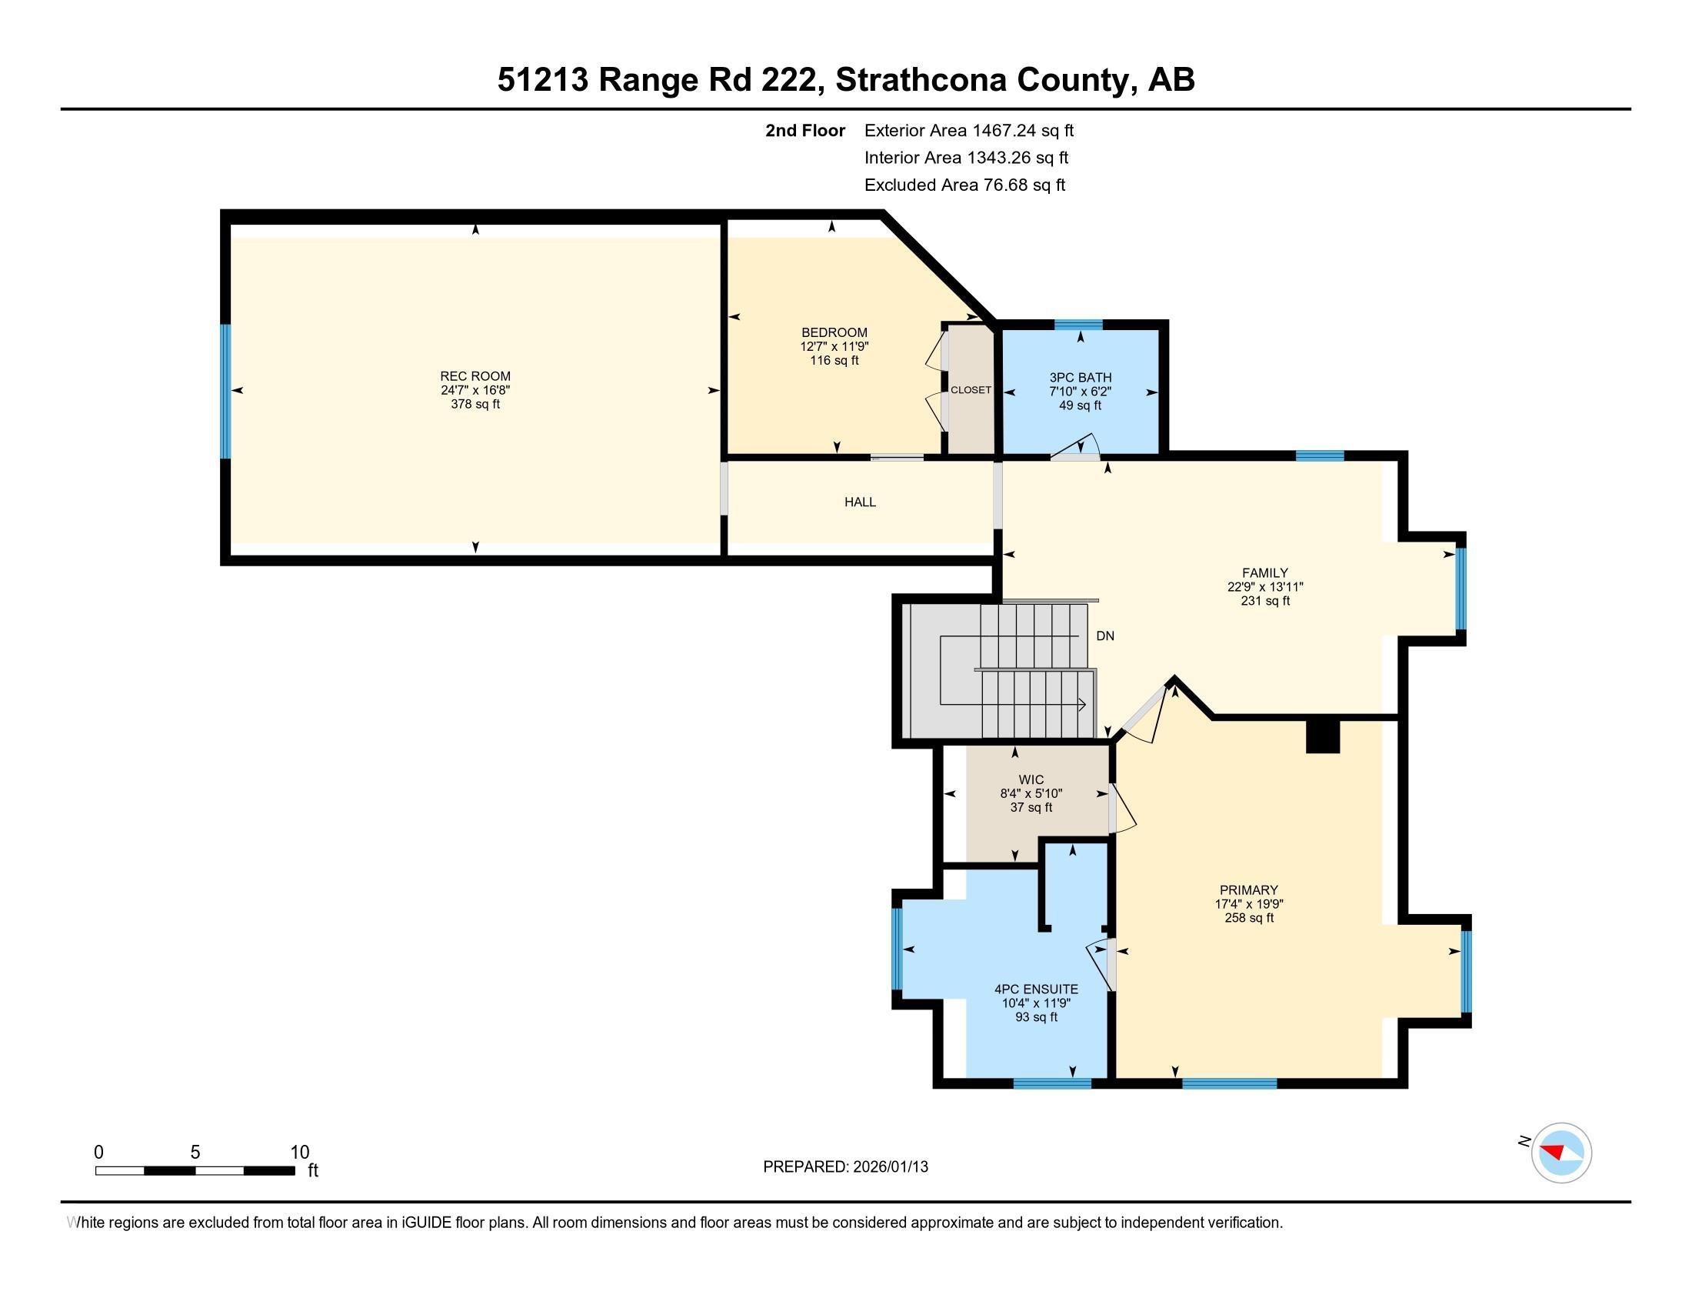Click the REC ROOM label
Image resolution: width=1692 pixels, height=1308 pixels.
[475, 376]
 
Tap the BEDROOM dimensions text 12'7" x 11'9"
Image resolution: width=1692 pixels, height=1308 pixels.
[834, 346]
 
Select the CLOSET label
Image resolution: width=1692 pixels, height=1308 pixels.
[971, 390]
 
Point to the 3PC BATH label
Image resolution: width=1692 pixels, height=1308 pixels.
[1080, 377]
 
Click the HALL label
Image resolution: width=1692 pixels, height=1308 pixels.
[860, 502]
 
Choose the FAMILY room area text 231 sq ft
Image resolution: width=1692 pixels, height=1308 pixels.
[1264, 601]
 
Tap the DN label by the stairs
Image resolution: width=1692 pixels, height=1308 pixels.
[1104, 636]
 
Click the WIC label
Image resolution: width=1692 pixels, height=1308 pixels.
[1031, 779]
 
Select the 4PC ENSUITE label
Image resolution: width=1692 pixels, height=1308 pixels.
[1036, 989]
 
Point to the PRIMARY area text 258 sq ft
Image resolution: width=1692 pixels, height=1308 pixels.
[1248, 917]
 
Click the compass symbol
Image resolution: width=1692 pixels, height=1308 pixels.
[1560, 1153]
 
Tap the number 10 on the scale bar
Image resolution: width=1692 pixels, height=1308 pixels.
[299, 1153]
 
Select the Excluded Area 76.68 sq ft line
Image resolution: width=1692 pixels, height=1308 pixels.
[964, 185]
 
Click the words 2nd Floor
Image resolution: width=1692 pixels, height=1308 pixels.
[805, 131]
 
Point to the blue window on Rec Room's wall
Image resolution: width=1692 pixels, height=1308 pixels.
[225, 392]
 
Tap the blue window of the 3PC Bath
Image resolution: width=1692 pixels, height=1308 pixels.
[1078, 325]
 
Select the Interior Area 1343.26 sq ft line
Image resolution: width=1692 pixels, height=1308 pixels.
[966, 158]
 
